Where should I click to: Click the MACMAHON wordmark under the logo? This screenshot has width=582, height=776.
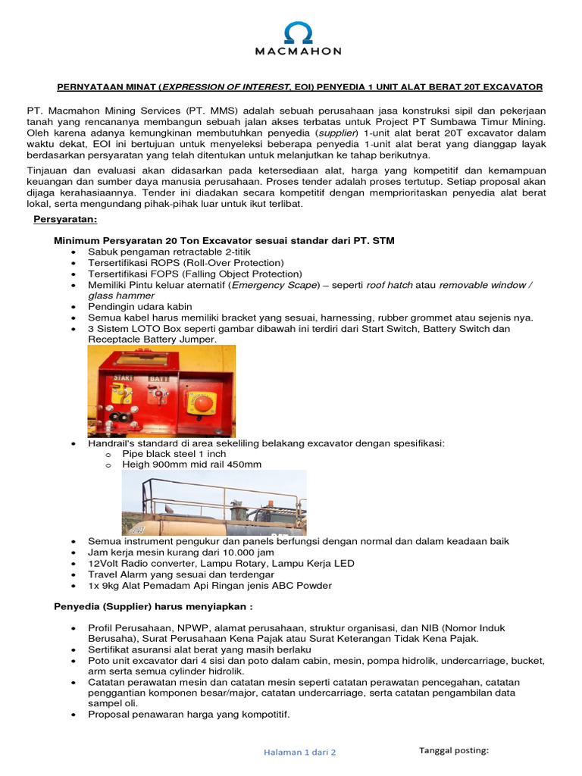290,52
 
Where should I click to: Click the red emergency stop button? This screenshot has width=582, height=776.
202,402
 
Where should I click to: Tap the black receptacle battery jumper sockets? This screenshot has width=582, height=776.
117,419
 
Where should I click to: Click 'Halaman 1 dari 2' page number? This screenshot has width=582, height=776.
299,752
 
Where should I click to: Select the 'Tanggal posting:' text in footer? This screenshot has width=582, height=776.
454,750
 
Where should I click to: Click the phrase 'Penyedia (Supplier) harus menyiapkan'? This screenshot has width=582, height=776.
151,606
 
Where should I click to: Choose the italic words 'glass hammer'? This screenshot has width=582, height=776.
121,296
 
